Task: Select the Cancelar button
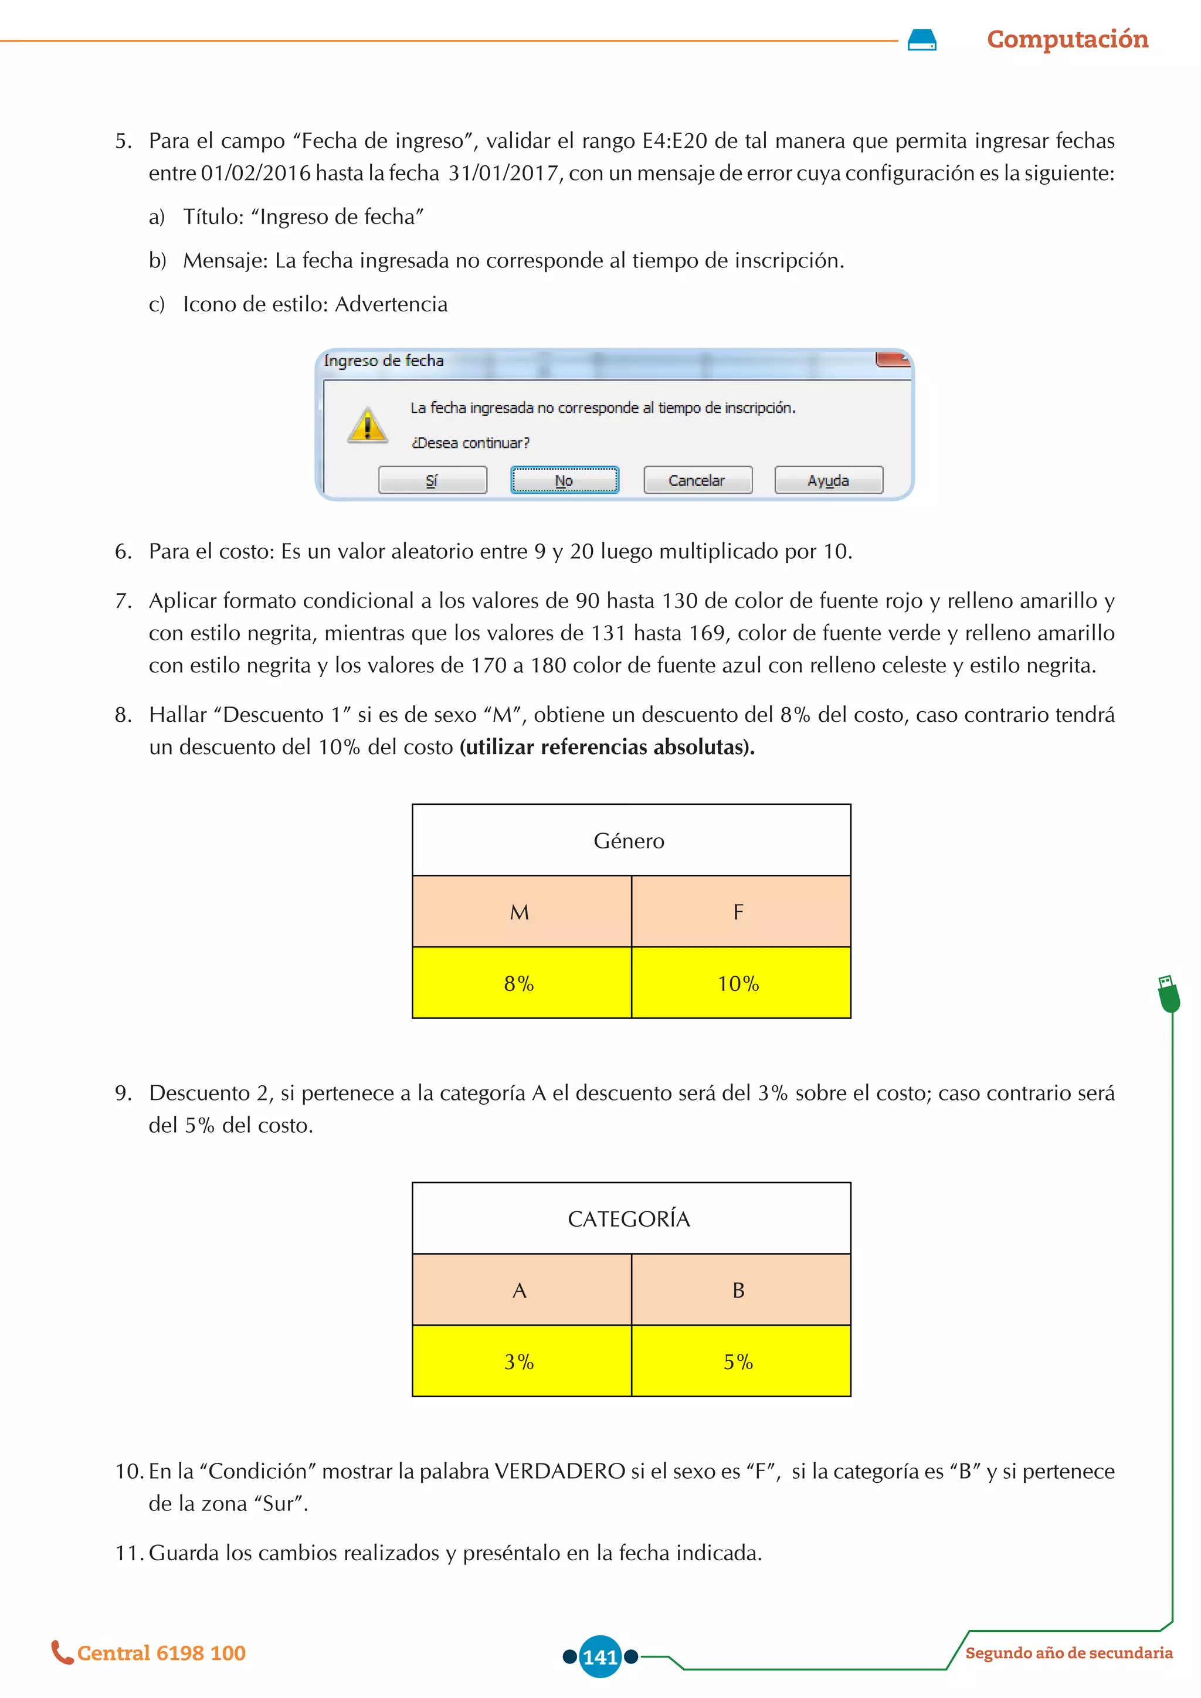click(697, 480)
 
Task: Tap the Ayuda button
click(828, 480)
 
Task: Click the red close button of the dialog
click(892, 359)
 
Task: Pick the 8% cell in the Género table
click(521, 983)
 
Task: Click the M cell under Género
click(521, 911)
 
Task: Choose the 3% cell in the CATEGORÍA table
click(521, 1361)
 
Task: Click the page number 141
click(600, 1656)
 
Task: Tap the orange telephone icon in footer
click(62, 1652)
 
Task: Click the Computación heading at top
click(1067, 39)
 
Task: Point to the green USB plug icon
click(1168, 993)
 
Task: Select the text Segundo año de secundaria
click(1068, 1653)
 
